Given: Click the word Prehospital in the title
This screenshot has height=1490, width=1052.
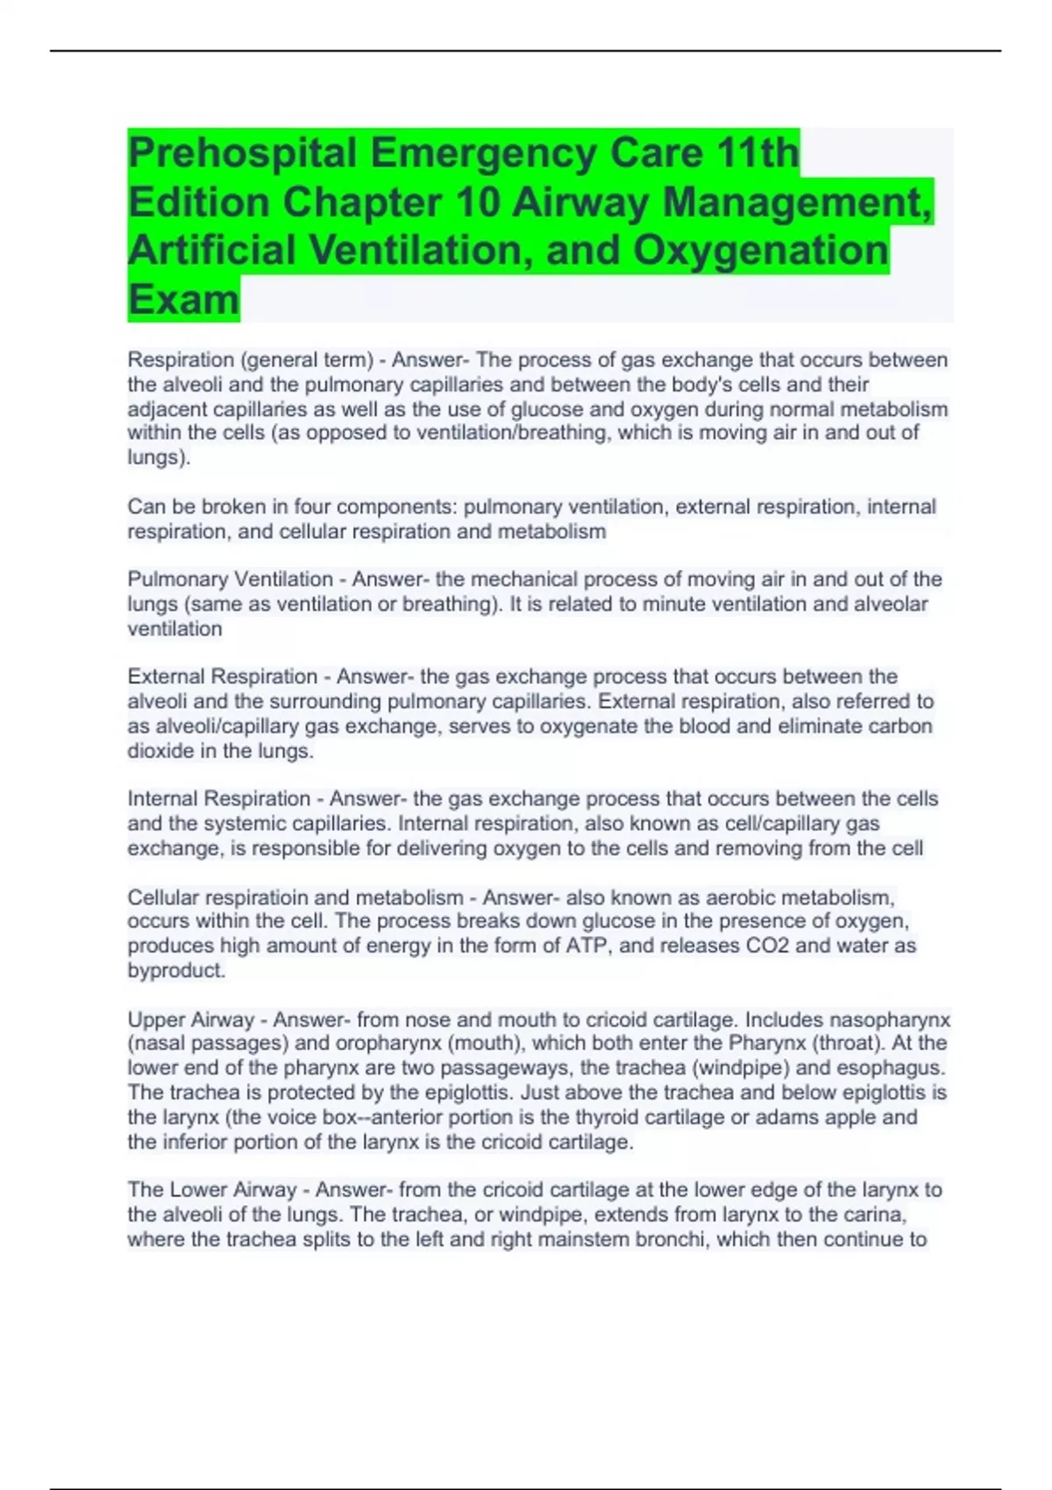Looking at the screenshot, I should [x=242, y=154].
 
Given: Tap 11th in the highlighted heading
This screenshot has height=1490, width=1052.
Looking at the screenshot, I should [x=757, y=154].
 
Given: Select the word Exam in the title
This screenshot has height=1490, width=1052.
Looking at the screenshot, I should [x=183, y=299].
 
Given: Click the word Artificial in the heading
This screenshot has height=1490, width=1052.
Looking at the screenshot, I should [x=211, y=251].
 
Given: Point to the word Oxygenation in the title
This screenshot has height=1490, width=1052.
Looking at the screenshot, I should [x=760, y=251].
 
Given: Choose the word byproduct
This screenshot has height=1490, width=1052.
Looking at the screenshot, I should [x=176, y=970].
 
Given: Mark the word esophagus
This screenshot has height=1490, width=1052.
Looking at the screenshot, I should [x=899, y=1068].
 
